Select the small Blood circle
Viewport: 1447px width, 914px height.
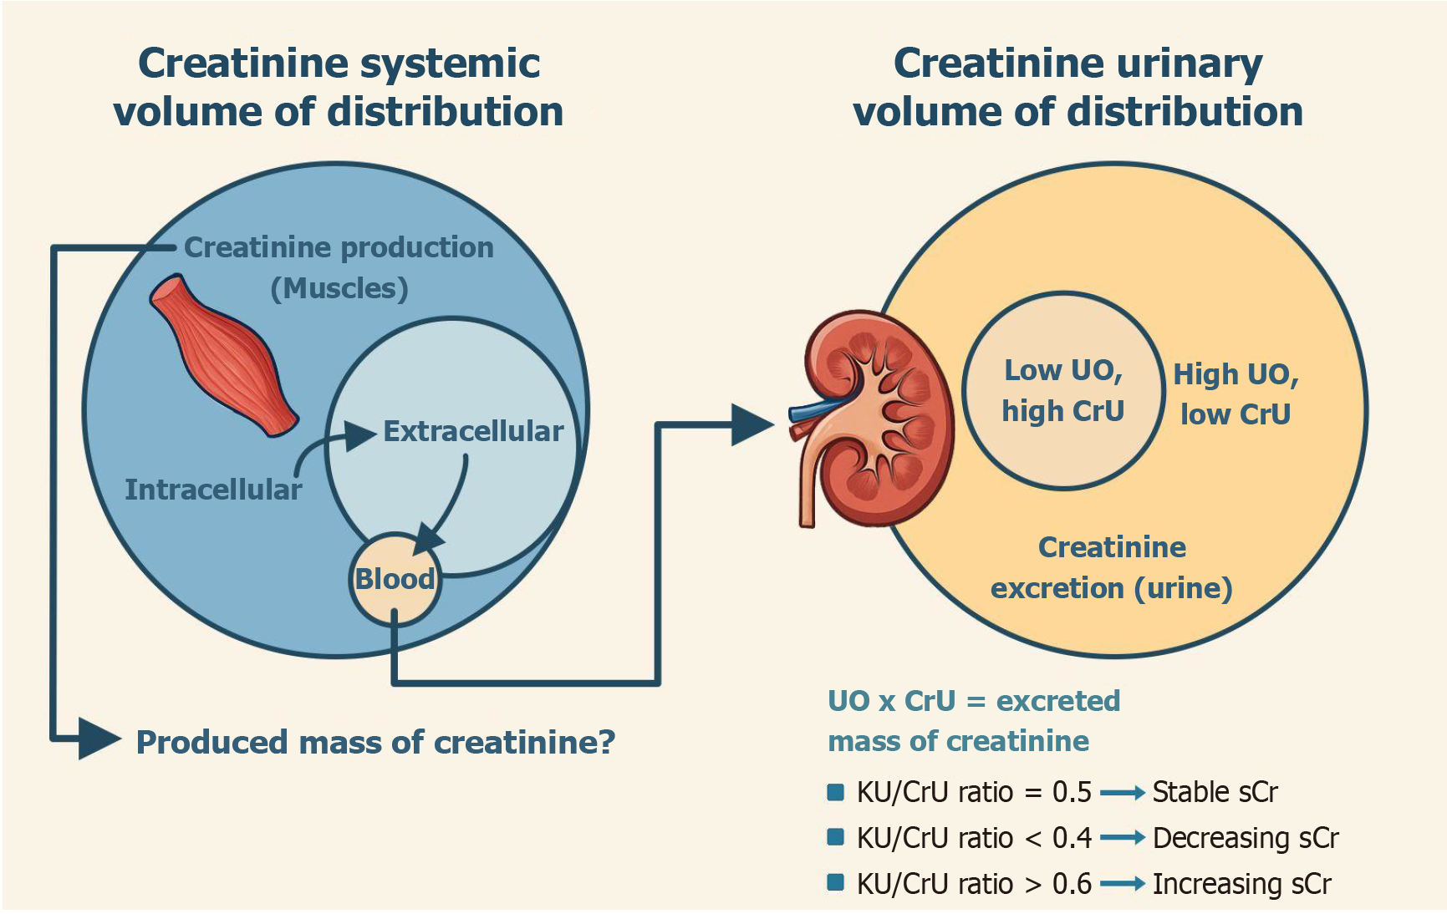coord(395,579)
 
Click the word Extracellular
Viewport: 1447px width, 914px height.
coord(473,431)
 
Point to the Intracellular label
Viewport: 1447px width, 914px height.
coord(213,490)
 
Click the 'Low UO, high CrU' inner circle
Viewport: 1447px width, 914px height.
coord(1063,390)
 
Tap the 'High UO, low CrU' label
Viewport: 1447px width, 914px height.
coord(1236,394)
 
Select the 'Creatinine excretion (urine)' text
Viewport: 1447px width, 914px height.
coord(1112,567)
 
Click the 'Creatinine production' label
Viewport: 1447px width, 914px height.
coord(339,247)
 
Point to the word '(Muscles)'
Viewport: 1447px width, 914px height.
coord(339,288)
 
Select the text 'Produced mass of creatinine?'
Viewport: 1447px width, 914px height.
coord(375,742)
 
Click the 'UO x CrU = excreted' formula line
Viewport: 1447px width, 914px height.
coord(974,700)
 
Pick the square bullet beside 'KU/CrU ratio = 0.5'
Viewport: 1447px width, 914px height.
coord(835,792)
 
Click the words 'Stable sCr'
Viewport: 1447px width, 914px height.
coord(1215,792)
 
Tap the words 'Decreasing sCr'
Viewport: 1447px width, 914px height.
coord(1246,838)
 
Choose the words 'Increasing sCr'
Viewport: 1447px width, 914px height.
coord(1241,884)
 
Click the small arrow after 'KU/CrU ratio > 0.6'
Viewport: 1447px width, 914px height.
coord(1122,884)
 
